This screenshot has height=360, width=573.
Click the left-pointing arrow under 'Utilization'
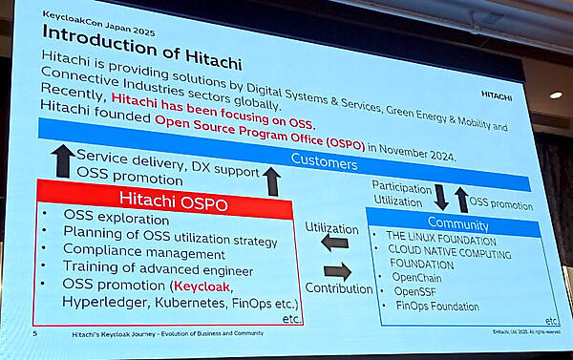click(x=333, y=244)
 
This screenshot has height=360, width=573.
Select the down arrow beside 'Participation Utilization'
click(x=440, y=197)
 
